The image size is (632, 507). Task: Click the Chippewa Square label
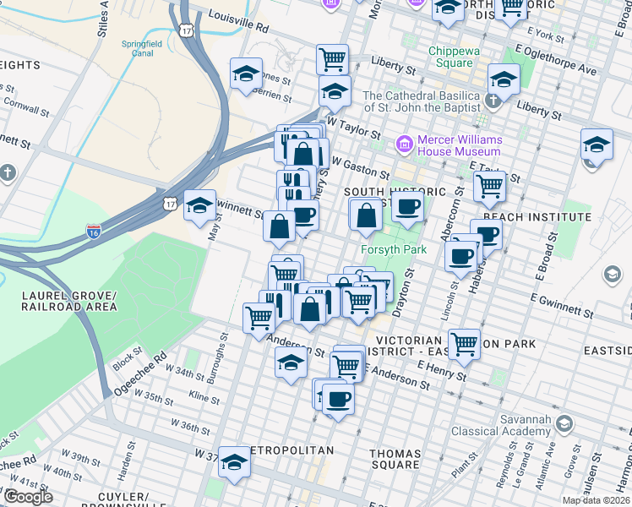pos(455,57)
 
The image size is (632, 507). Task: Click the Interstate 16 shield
pos(94,230)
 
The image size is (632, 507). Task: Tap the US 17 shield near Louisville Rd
pos(196,30)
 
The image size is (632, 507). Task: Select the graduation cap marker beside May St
pos(199,205)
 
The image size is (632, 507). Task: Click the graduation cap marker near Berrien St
pos(246,74)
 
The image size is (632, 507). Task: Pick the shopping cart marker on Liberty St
pos(333,58)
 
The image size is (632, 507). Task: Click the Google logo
pos(28,497)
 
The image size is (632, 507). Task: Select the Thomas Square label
pos(395,459)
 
